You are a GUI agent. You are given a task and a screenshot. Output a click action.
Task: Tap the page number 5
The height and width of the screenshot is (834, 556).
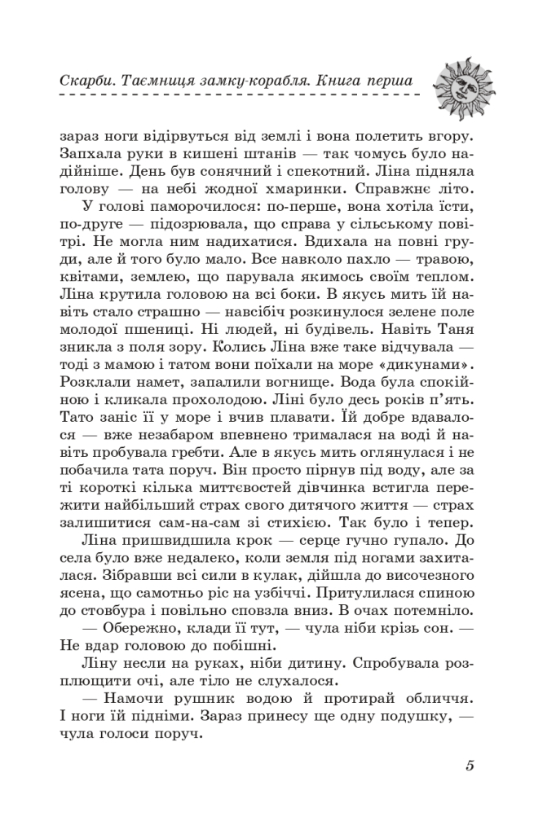click(x=470, y=766)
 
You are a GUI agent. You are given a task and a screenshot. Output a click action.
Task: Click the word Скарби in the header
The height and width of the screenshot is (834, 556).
click(x=86, y=82)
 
